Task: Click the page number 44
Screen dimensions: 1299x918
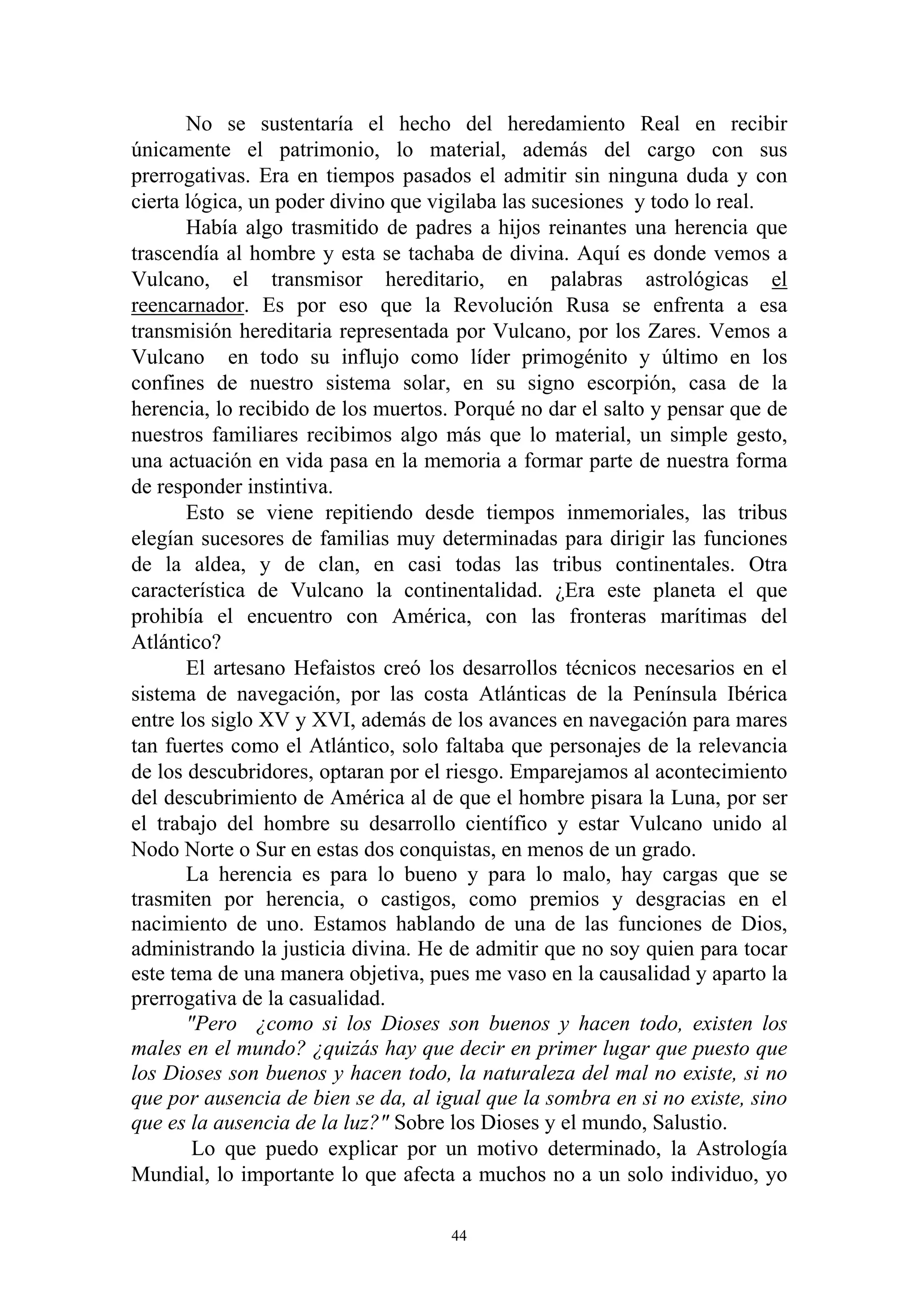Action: tap(459, 1236)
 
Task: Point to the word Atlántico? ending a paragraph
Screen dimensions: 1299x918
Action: tap(175, 642)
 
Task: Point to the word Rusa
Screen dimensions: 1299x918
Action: tap(589, 306)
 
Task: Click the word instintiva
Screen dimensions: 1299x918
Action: tap(292, 487)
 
